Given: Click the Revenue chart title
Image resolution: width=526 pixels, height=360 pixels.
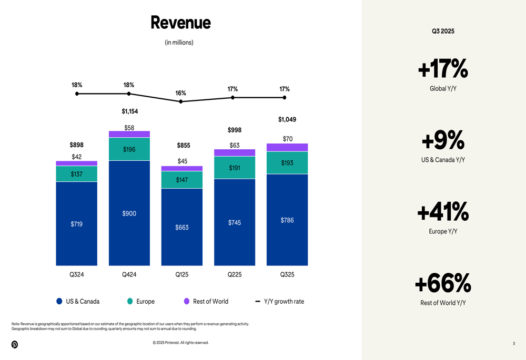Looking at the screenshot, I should coord(180,23).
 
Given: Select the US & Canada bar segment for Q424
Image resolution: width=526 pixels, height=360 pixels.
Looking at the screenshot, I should coord(129,213).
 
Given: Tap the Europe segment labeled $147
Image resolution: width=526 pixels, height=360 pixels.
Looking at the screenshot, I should coord(182,180).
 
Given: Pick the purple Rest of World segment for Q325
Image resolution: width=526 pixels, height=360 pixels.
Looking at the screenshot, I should coord(287,147).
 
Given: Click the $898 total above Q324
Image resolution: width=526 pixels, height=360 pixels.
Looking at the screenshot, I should coord(77,145).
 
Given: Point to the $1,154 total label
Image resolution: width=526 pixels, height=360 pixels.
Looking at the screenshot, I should coord(129,111).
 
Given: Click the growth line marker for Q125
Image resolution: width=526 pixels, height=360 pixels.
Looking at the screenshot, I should coord(181,101).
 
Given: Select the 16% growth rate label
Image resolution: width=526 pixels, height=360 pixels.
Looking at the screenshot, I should coord(180,93).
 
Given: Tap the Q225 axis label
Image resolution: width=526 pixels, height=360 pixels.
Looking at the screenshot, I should coord(235,274).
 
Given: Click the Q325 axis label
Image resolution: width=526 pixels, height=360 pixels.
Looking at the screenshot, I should coord(287,274).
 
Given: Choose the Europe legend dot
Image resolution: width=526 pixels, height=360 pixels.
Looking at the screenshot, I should coord(130,301).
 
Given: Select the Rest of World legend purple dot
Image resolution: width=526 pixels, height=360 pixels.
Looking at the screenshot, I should coord(187,301).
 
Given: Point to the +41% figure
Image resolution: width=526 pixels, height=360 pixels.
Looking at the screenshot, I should coord(442,212).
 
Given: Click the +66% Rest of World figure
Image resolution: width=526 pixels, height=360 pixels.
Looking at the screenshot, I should coord(442,283).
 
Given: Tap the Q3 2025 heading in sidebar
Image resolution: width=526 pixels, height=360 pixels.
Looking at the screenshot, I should coord(443,31).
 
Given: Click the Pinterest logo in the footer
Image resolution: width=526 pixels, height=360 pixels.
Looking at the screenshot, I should coord(15,344).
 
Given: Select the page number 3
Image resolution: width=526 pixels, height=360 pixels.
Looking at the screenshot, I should coord(514,344).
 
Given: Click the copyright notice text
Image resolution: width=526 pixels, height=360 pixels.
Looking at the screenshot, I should coord(180,343).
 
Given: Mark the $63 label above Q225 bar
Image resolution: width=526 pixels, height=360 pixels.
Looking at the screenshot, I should coord(235,145).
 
